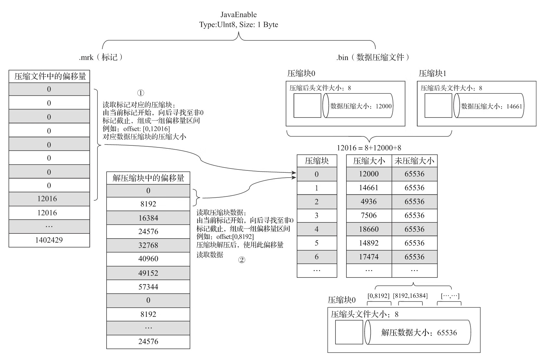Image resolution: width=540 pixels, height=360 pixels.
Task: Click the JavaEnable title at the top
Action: [239, 15]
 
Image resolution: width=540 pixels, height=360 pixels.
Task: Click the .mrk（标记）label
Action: [101, 57]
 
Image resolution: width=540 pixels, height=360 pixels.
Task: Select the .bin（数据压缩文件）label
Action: [373, 57]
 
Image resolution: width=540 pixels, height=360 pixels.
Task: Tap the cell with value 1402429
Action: [49, 240]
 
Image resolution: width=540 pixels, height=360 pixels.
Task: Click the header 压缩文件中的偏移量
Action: [49, 77]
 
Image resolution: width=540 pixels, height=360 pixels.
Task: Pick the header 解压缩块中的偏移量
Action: [148, 178]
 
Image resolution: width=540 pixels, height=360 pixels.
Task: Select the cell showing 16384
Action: [148, 218]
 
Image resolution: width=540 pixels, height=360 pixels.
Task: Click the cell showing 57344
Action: [148, 287]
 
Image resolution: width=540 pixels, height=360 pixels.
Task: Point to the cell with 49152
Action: [148, 273]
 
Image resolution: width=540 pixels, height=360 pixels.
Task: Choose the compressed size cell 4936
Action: [369, 202]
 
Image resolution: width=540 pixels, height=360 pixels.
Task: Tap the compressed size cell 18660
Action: [369, 229]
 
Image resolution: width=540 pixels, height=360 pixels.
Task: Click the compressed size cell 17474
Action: [369, 257]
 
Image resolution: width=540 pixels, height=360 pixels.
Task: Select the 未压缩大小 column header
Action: [414, 161]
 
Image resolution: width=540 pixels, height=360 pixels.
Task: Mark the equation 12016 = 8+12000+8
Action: [369, 148]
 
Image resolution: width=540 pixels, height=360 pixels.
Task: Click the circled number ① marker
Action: [140, 93]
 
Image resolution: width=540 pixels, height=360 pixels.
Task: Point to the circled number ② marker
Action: [242, 260]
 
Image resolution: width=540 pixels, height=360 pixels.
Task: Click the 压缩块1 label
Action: [432, 73]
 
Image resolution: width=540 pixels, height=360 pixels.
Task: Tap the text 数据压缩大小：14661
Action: [491, 106]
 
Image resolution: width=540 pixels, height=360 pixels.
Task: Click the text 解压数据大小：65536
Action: [419, 333]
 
